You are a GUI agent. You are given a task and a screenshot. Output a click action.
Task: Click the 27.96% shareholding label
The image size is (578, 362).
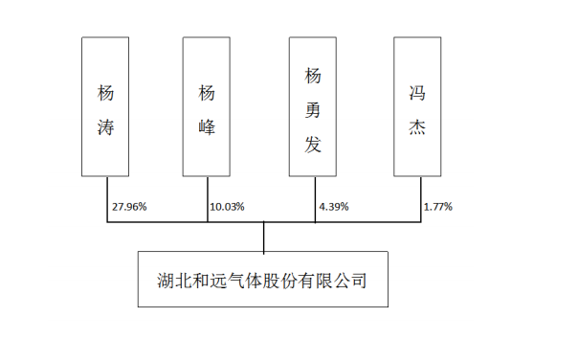point(130,206)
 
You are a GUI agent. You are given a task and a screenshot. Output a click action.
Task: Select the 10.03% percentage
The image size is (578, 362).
point(226,206)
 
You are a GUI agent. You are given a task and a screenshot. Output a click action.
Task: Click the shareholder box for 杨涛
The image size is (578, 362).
point(106,107)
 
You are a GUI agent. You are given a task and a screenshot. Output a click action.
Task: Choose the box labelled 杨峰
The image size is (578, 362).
point(207,107)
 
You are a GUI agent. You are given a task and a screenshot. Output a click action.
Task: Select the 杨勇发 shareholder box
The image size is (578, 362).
point(315,107)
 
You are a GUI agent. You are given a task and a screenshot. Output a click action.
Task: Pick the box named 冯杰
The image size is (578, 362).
point(419,107)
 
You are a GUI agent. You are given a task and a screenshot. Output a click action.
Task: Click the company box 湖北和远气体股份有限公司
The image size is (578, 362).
point(263,279)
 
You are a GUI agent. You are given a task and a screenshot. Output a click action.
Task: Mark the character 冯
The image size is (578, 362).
point(419,92)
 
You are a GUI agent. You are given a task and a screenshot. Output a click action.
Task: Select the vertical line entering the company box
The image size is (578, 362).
point(264,237)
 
